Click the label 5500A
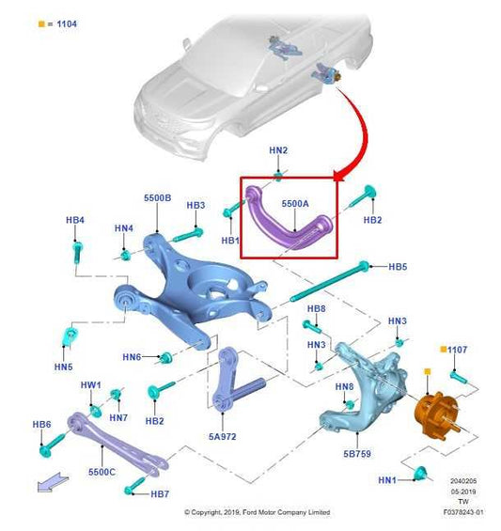coord(295,204)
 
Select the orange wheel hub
coord(436,415)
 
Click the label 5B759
coord(357,453)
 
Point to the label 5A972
coord(222,436)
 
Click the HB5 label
coord(398,267)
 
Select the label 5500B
coord(158,197)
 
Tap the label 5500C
coord(102,472)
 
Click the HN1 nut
coord(421,474)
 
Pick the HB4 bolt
coord(78,251)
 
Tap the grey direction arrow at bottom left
coord(53,482)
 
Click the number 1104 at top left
coord(67,23)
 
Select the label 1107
coord(458,350)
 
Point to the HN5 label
coord(63,367)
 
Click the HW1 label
coord(90,385)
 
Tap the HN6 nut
coord(165,357)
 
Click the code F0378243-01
coord(463,512)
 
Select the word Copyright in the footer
coord(206,512)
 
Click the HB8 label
coord(317,308)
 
